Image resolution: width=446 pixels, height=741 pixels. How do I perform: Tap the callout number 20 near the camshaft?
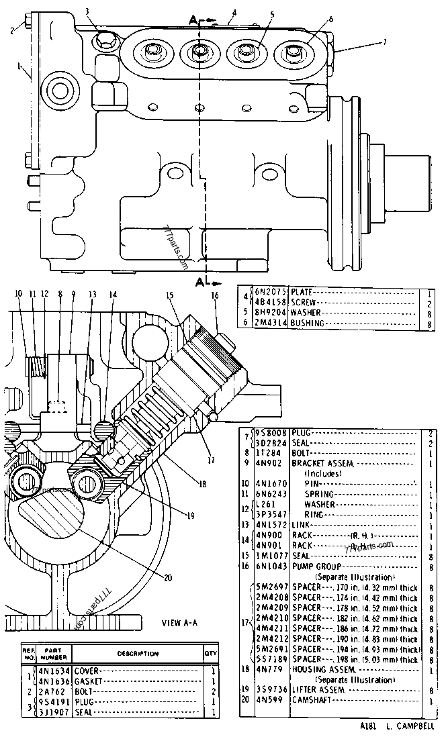click(168, 577)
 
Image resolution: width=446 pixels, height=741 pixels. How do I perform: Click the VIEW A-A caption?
click(179, 623)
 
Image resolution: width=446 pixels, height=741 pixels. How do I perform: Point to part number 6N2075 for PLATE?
click(271, 292)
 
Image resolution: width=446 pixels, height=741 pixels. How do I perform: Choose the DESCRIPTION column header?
click(138, 653)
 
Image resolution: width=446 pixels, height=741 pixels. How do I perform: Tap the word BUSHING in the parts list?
click(308, 323)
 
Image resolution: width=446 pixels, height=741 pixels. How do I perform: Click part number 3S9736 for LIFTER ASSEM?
click(271, 690)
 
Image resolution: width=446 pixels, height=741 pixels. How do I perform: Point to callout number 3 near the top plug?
click(87, 10)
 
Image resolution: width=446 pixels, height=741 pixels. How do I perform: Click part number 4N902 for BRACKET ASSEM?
click(269, 463)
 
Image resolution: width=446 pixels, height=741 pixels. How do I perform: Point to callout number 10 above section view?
click(18, 293)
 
